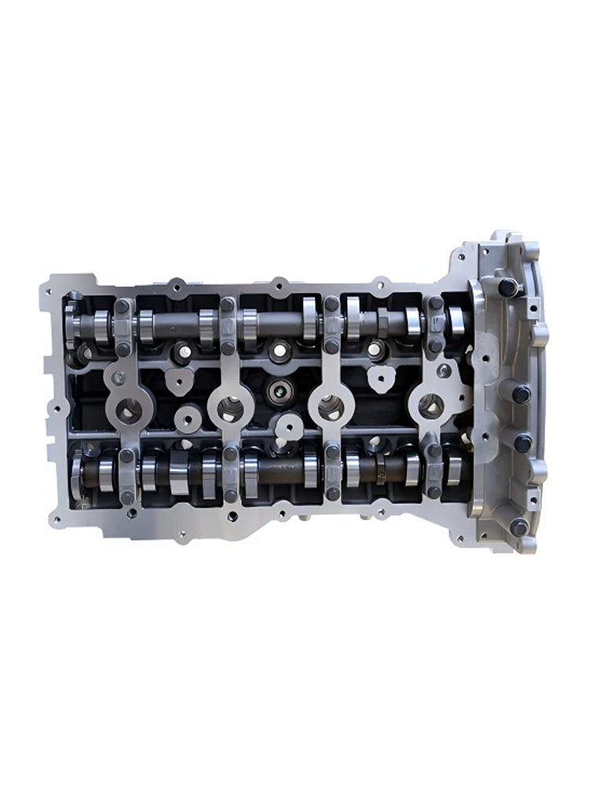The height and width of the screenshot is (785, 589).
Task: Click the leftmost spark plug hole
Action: click(x=129, y=408)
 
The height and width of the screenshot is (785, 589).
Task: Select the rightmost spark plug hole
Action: click(x=430, y=406)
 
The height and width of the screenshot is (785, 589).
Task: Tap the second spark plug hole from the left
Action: click(x=229, y=407)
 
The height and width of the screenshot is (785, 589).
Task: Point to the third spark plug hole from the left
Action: click(x=330, y=407)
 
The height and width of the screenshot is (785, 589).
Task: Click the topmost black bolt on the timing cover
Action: click(x=507, y=287)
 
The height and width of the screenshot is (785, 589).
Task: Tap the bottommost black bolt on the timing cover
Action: click(x=518, y=527)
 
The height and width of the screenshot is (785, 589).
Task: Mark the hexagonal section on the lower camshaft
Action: click(x=381, y=469)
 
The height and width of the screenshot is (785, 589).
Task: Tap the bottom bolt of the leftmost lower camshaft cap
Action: click(x=126, y=496)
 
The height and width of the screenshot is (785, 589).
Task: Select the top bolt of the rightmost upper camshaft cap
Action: click(x=435, y=303)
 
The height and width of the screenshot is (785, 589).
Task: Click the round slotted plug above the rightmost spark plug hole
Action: click(x=444, y=371)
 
